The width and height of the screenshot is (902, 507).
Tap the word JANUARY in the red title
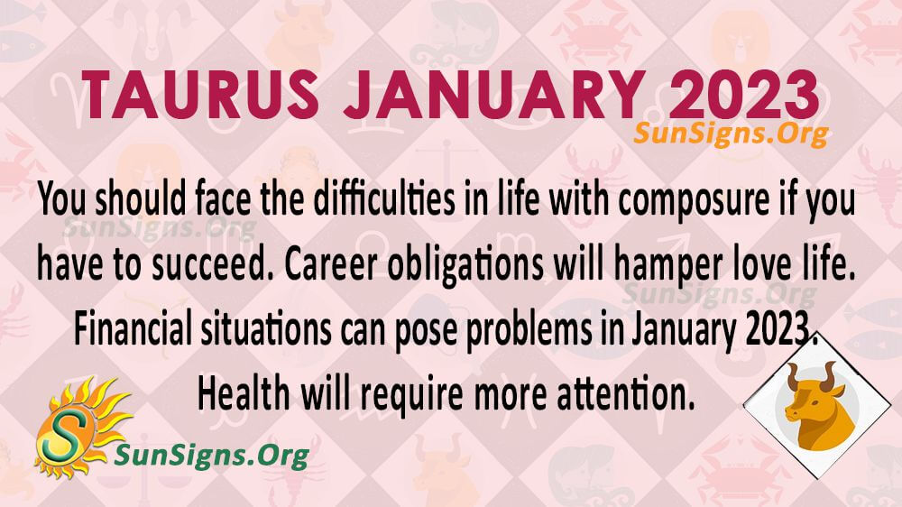[493, 95]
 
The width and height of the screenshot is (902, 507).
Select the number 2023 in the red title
[743, 95]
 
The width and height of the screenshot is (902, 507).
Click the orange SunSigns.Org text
[731, 134]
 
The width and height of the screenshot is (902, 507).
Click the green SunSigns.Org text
[212, 456]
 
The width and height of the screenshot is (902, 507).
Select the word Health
[244, 394]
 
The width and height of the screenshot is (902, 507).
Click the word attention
[626, 394]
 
